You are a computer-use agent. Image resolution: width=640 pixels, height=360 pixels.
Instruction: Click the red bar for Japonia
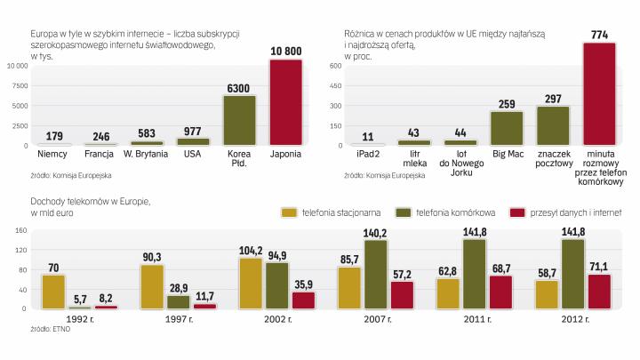pos(285,101)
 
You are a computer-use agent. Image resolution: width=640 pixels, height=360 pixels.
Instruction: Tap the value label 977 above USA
pos(193,131)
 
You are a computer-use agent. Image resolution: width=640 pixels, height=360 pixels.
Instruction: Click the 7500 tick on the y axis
pos(20,85)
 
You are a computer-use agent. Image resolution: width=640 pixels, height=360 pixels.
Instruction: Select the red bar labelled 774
pos(598,93)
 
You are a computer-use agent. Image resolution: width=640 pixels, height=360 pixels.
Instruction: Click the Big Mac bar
pos(507,127)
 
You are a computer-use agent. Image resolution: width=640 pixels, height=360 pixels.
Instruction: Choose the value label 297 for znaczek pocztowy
pos(552,98)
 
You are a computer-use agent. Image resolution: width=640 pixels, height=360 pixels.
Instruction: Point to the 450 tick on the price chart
pos(336,85)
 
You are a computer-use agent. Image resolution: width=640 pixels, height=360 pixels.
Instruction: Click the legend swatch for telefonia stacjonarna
pos(289,212)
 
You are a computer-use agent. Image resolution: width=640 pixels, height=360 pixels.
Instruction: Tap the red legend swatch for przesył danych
pos(516,212)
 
